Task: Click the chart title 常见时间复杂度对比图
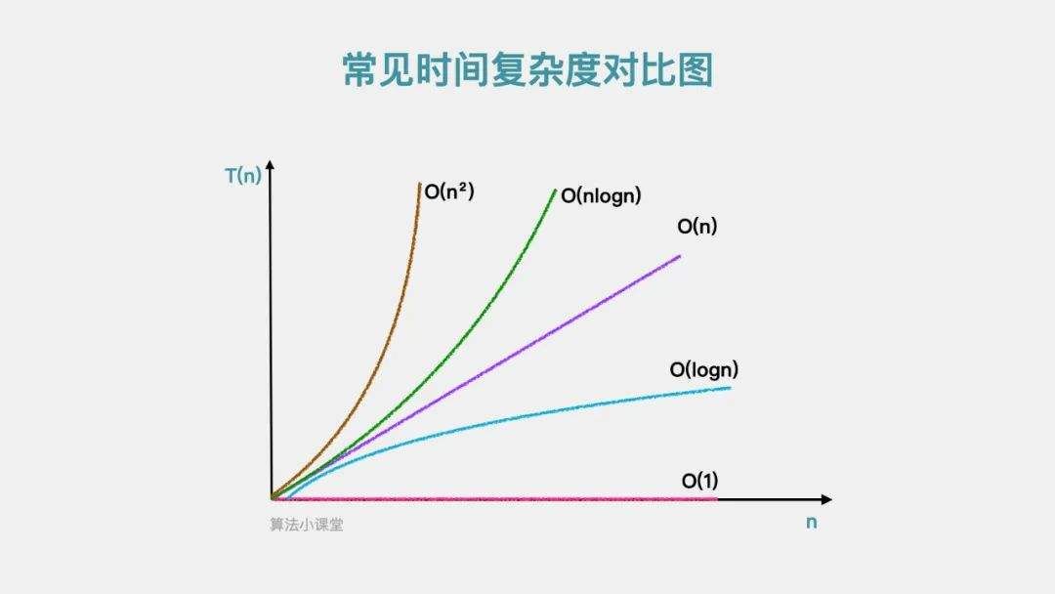pyautogui.click(x=527, y=70)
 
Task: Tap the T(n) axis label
pyautogui.click(x=243, y=176)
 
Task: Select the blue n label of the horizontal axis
pyautogui.click(x=812, y=523)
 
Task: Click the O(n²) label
pyautogui.click(x=449, y=191)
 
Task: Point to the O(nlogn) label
pyautogui.click(x=601, y=195)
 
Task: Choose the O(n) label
pyautogui.click(x=697, y=226)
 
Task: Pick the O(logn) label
pyautogui.click(x=703, y=369)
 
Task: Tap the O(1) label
pyautogui.click(x=699, y=481)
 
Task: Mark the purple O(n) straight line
pyautogui.click(x=475, y=378)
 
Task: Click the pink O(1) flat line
pyautogui.click(x=494, y=499)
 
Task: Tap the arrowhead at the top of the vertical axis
pyautogui.click(x=271, y=165)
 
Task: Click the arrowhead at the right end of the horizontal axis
pyautogui.click(x=827, y=499)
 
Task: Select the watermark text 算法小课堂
pyautogui.click(x=307, y=524)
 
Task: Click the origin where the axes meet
pyautogui.click(x=272, y=499)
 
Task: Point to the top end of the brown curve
pyautogui.click(x=420, y=183)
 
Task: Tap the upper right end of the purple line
pyautogui.click(x=680, y=256)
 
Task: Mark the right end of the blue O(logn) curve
pyautogui.click(x=730, y=388)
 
